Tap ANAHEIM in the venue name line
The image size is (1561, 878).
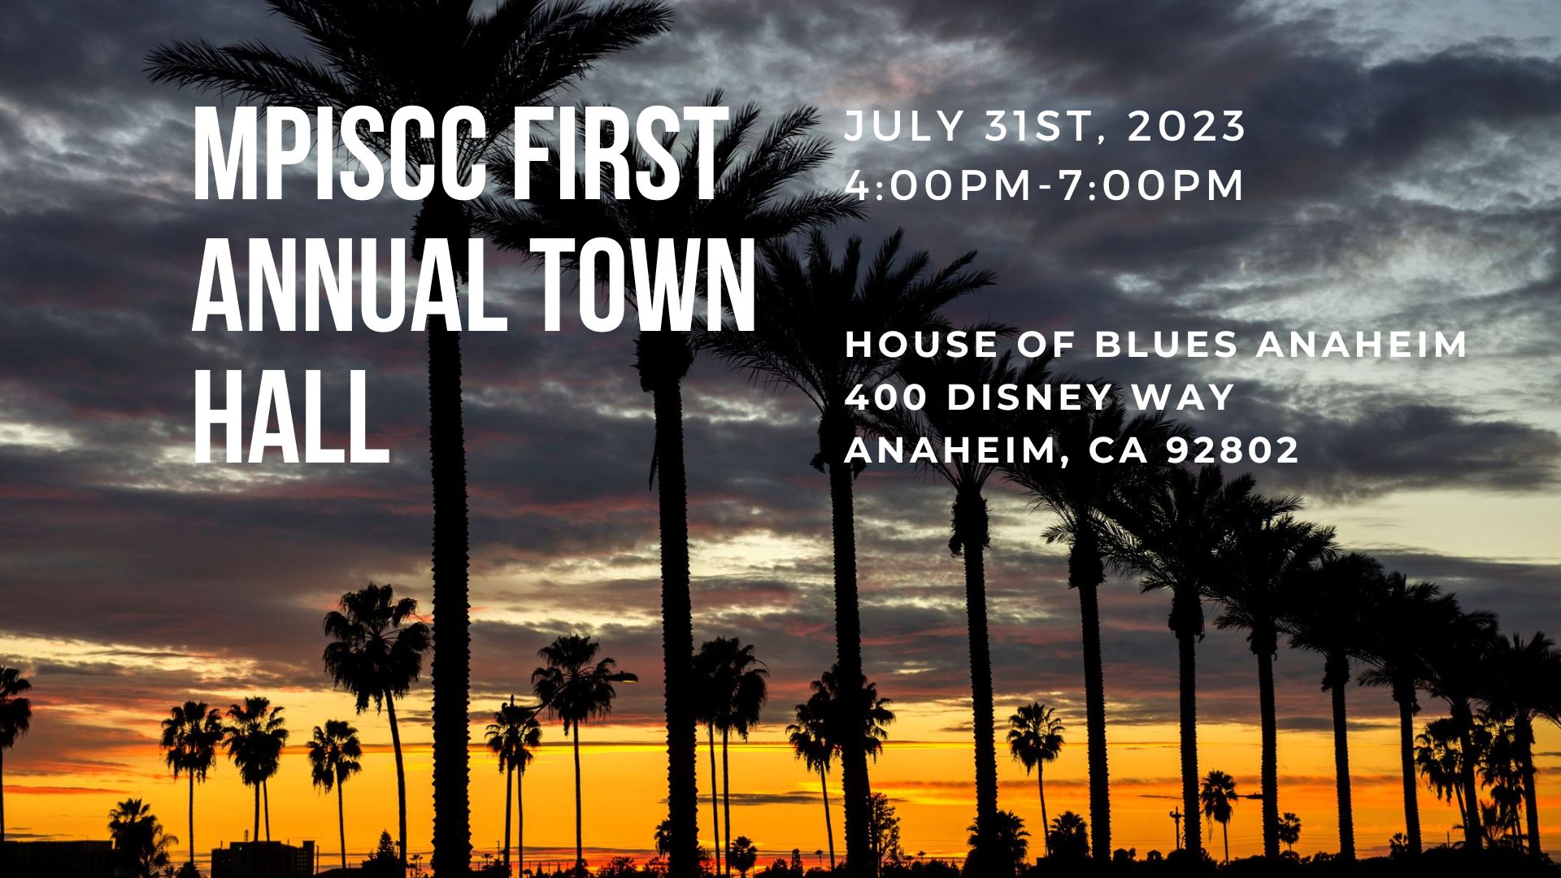click(x=1362, y=344)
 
